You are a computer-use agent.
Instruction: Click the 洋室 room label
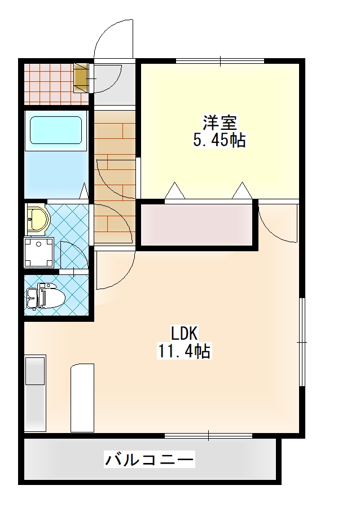219,122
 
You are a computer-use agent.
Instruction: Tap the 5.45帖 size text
219,140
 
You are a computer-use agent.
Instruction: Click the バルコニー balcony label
150,460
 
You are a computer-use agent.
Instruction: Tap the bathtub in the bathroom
55,132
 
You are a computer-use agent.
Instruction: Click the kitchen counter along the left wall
35,394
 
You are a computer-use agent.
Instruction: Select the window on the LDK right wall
303,342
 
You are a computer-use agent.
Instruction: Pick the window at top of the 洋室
220,60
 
